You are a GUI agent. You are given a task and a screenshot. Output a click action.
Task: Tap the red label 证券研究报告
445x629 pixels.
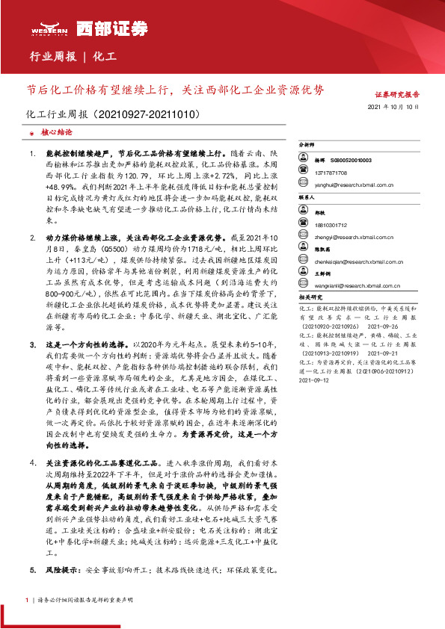click(x=396, y=95)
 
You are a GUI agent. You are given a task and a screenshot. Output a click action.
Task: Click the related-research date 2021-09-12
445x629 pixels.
click(x=314, y=380)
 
